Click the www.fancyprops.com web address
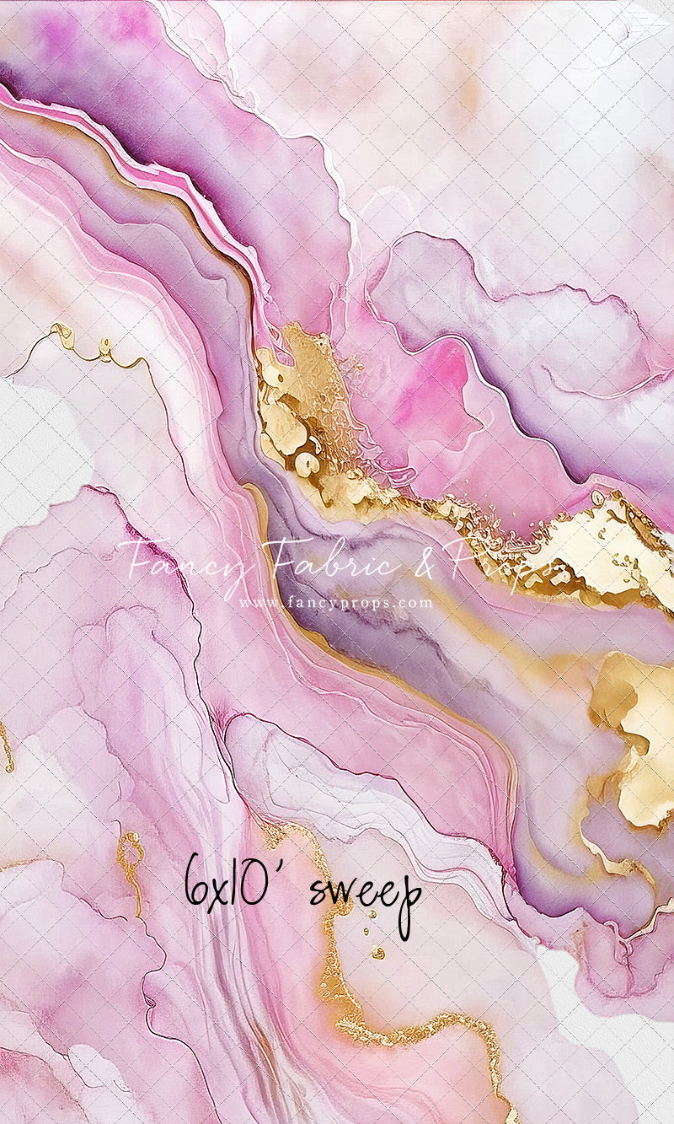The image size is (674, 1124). (x=335, y=603)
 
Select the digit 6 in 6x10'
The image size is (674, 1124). (x=197, y=881)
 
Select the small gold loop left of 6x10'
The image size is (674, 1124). (x=131, y=847)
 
